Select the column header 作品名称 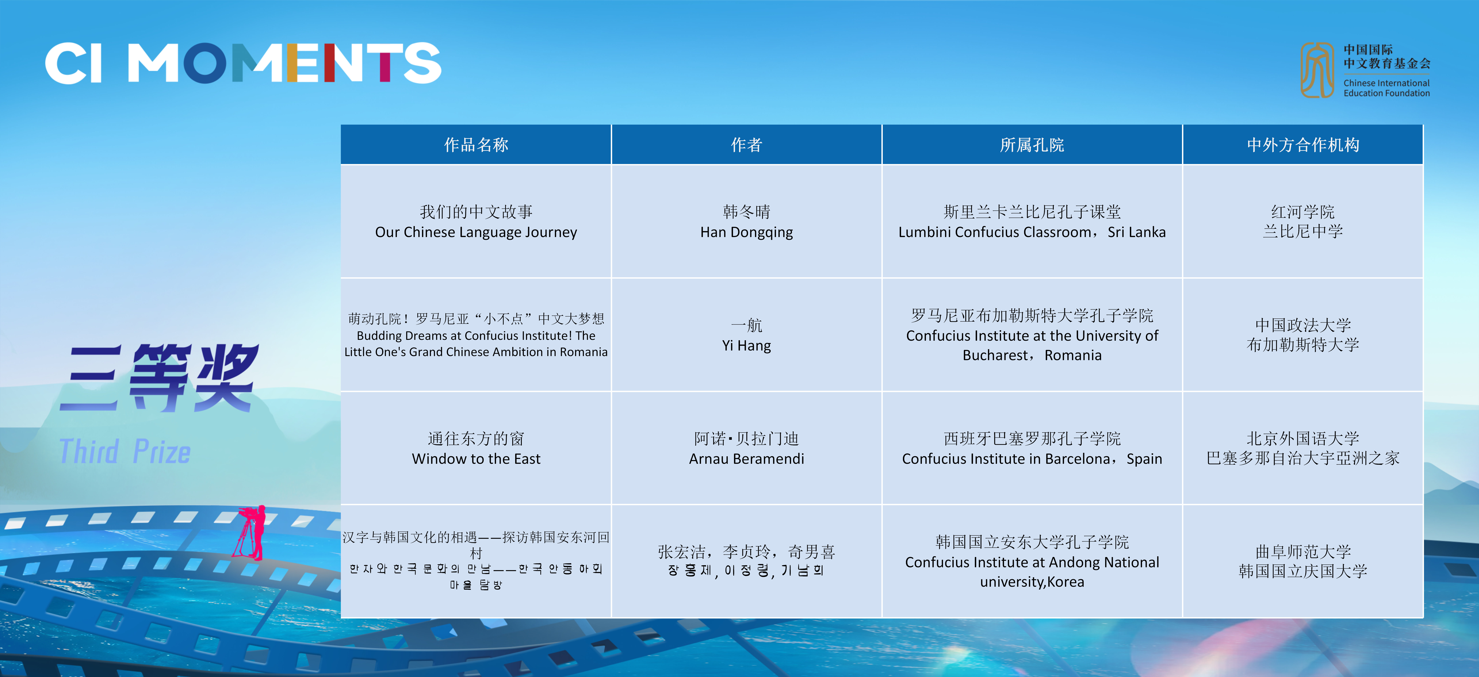476,145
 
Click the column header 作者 746,145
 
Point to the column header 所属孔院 1032,145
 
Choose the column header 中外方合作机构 1303,145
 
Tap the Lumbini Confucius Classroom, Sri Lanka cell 1032,221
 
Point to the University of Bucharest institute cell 1032,335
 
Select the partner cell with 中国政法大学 1303,335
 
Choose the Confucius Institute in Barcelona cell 1032,448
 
